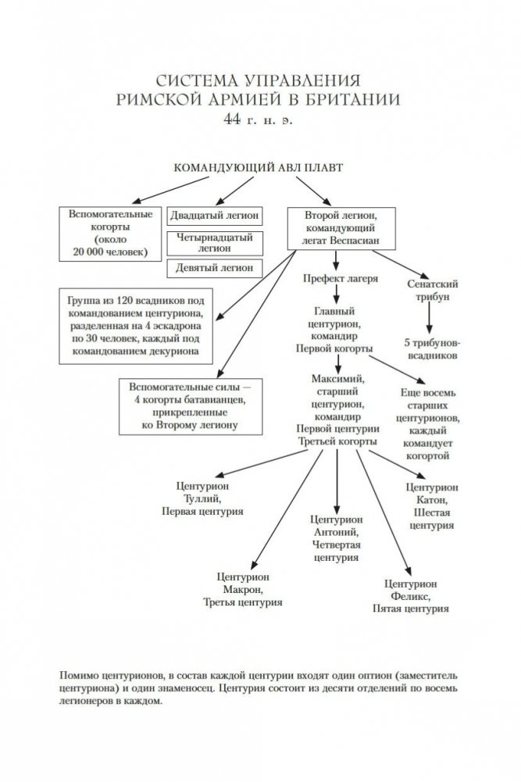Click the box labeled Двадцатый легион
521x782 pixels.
pos(215,216)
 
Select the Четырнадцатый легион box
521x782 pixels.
pos(215,242)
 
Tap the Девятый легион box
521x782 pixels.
pos(215,267)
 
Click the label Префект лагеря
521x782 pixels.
pos(337,278)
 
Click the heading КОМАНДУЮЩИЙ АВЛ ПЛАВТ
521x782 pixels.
pos(257,167)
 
